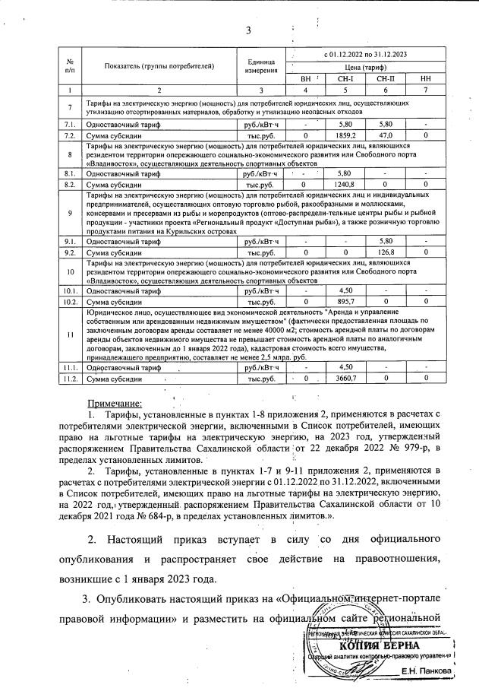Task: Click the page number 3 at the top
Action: click(x=247, y=30)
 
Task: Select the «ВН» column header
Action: click(x=306, y=78)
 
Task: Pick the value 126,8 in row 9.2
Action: click(x=385, y=252)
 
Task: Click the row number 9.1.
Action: click(x=70, y=241)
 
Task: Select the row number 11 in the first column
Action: click(x=70, y=334)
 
